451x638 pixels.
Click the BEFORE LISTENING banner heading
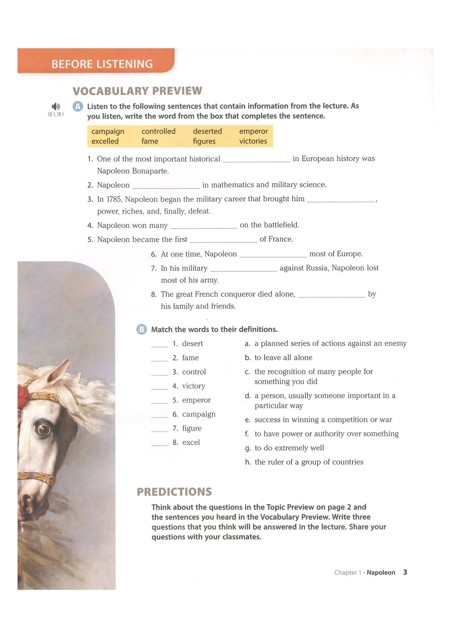[102, 64]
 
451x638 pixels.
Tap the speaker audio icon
[56, 106]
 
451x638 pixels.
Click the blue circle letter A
[78, 106]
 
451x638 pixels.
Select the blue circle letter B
[141, 329]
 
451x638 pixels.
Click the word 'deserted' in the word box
[207, 131]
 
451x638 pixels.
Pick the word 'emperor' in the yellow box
[253, 131]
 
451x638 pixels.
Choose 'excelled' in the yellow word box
[105, 141]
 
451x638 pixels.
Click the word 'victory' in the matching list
[194, 386]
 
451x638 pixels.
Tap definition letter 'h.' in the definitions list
[248, 462]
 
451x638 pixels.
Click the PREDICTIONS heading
[174, 492]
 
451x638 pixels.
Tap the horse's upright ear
[61, 371]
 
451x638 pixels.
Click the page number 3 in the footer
[405, 572]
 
